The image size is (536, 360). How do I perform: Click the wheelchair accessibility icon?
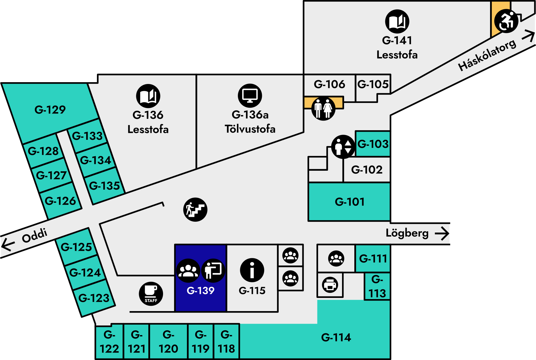(x=506, y=21)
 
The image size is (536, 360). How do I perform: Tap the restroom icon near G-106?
(x=323, y=108)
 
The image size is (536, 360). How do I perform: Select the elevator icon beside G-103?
(x=343, y=147)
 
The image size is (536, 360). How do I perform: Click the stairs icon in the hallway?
(x=195, y=209)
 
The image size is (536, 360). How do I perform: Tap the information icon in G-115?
(x=252, y=270)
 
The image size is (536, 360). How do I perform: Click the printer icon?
(x=330, y=285)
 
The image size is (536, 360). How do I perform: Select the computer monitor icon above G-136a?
(x=250, y=96)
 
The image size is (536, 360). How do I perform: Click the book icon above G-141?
(x=397, y=21)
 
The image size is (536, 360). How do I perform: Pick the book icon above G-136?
(x=148, y=96)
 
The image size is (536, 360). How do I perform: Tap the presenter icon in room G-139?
(x=213, y=271)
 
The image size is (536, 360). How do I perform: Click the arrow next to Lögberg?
(x=442, y=233)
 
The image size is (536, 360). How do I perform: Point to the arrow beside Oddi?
(x=8, y=244)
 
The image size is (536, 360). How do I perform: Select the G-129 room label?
(x=50, y=110)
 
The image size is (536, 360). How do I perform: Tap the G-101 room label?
(x=350, y=202)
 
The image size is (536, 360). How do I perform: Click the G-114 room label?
(x=336, y=337)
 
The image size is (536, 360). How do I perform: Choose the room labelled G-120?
(x=168, y=342)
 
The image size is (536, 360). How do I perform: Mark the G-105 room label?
(x=373, y=84)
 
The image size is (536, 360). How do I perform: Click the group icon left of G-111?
(x=336, y=258)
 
